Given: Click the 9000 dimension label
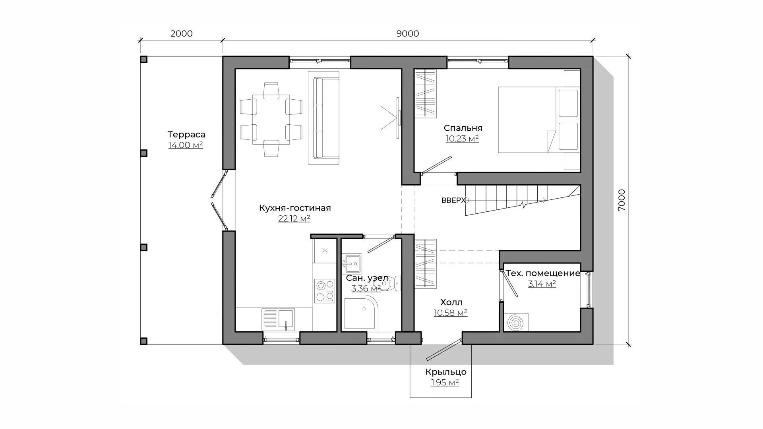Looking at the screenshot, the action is [408, 34].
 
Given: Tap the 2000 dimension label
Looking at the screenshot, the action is [182, 34].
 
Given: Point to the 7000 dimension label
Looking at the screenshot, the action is [622, 200].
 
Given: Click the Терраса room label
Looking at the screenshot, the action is [186, 134].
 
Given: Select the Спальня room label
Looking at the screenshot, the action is [463, 128].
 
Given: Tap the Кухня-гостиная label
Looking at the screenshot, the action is [295, 208].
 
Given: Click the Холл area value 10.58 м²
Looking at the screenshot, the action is [451, 313].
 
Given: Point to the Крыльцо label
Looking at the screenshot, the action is [446, 372].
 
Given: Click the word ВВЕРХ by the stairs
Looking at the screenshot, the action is [453, 201].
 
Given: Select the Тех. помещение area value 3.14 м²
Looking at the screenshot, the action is [542, 284].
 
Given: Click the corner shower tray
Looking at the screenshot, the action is [361, 313].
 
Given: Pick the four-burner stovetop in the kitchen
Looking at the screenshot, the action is [325, 291].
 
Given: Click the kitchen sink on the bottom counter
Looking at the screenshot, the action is [278, 319].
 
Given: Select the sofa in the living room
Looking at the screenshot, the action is [324, 118].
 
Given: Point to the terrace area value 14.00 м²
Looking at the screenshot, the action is [186, 145].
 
